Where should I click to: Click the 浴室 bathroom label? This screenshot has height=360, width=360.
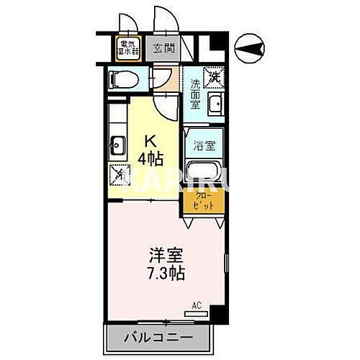[x=202, y=145]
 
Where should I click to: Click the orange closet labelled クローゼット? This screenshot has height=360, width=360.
[x=204, y=200]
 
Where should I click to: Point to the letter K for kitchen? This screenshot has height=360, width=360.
[x=151, y=140]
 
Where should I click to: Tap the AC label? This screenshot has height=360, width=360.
[x=196, y=305]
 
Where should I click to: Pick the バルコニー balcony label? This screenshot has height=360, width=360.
[x=161, y=336]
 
